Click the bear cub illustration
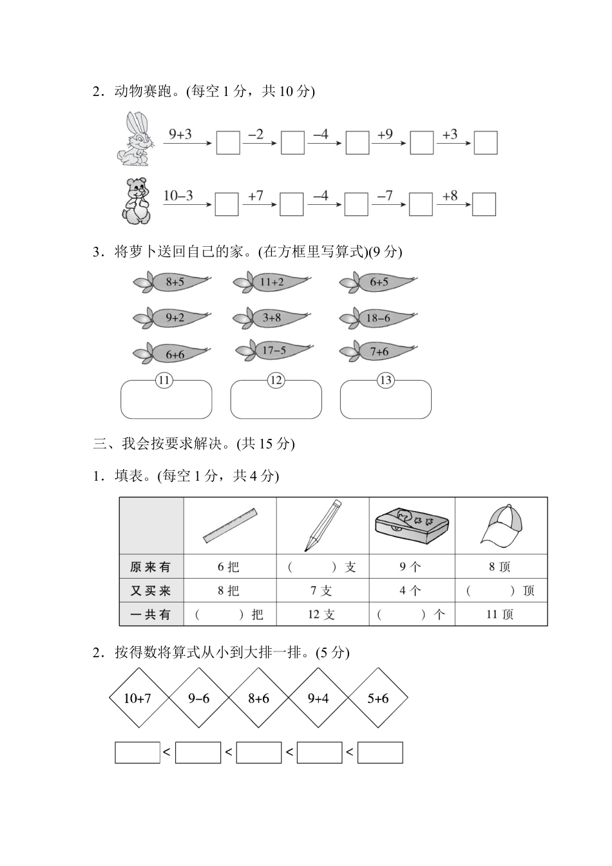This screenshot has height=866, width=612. pyautogui.click(x=136, y=201)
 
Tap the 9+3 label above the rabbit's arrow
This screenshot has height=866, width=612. pyautogui.click(x=180, y=134)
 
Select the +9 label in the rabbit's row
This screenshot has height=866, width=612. pyautogui.click(x=385, y=134)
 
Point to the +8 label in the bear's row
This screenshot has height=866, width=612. pyautogui.click(x=450, y=195)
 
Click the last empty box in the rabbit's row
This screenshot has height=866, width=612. pyautogui.click(x=486, y=142)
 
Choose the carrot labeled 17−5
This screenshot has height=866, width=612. pyautogui.click(x=274, y=351)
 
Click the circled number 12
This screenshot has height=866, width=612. pyautogui.click(x=276, y=380)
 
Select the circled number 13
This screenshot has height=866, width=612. pyautogui.click(x=385, y=380)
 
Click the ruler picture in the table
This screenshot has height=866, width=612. pyautogui.click(x=230, y=526)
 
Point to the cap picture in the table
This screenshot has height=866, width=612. pyautogui.click(x=501, y=526)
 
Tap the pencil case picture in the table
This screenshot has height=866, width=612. pyautogui.click(x=412, y=526)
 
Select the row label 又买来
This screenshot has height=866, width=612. pyautogui.click(x=151, y=590)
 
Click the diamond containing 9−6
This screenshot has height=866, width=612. pyautogui.click(x=198, y=698)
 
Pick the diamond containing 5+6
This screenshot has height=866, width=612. pyautogui.click(x=378, y=698)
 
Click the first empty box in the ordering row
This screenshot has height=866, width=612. pyautogui.click(x=137, y=753)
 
